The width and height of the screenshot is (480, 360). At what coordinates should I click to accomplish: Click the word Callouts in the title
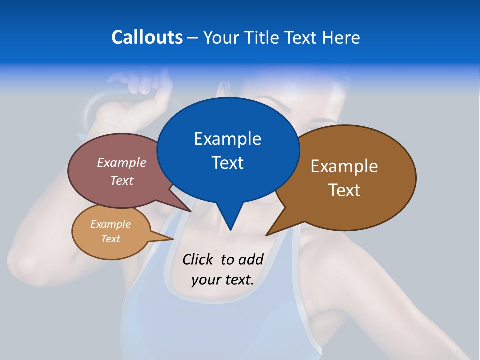147,37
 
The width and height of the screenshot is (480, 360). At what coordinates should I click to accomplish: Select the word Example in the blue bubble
227,138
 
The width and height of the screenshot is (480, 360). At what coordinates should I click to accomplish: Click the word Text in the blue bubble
227,162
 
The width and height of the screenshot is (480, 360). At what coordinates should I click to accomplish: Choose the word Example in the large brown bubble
344,166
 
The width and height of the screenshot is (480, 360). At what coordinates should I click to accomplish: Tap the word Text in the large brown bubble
344,190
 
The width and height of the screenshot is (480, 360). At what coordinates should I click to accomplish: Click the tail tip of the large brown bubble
267,235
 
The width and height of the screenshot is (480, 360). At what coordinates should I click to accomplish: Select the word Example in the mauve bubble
122,162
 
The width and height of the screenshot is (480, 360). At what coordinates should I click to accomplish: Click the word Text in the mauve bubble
122,180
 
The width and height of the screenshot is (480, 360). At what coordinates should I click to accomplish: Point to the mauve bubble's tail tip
191,211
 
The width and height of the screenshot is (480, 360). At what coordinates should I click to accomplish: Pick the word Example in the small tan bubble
110,224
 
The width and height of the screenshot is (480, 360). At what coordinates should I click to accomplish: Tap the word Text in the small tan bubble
110,239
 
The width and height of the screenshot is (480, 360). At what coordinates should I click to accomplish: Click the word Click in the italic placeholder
198,259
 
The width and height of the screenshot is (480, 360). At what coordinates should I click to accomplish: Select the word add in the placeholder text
250,259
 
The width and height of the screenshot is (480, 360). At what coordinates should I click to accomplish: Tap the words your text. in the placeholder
223,279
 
